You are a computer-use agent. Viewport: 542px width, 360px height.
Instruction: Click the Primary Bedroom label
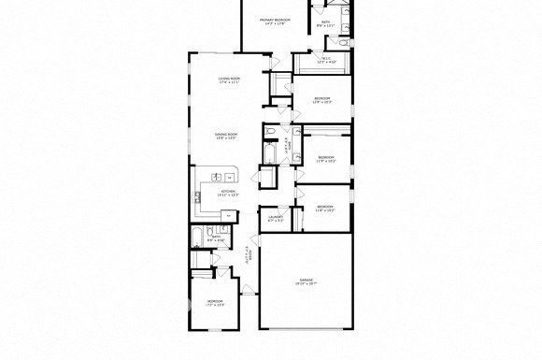(276, 20)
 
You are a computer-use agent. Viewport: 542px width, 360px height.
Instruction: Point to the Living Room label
(229, 79)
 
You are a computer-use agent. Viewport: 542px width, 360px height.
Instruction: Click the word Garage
(306, 280)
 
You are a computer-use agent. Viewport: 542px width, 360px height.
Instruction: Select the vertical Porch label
(249, 254)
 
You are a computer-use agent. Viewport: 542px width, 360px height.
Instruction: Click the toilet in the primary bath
(343, 43)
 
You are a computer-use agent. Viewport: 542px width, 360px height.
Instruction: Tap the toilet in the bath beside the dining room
(266, 132)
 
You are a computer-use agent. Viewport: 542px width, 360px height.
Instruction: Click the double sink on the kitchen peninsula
(226, 175)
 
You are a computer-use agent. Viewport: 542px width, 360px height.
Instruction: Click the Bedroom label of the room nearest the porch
(215, 300)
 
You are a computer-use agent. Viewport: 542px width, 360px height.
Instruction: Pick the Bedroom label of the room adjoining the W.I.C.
(322, 98)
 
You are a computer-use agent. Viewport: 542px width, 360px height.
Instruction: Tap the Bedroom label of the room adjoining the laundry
(324, 206)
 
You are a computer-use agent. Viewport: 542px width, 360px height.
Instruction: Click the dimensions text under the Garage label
(306, 284)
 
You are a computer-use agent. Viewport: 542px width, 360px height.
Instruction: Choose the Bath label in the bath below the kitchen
(215, 238)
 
